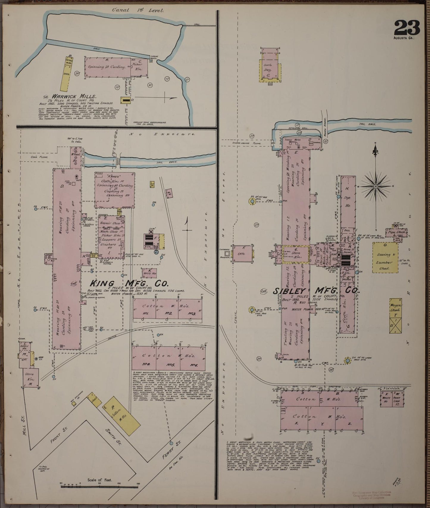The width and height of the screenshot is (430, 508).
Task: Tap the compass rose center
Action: click(376, 187)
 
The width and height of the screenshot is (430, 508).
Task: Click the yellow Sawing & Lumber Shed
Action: click(385, 257)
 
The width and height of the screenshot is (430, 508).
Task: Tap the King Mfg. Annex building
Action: click(115, 190)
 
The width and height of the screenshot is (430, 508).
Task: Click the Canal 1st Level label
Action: click(138, 10)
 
